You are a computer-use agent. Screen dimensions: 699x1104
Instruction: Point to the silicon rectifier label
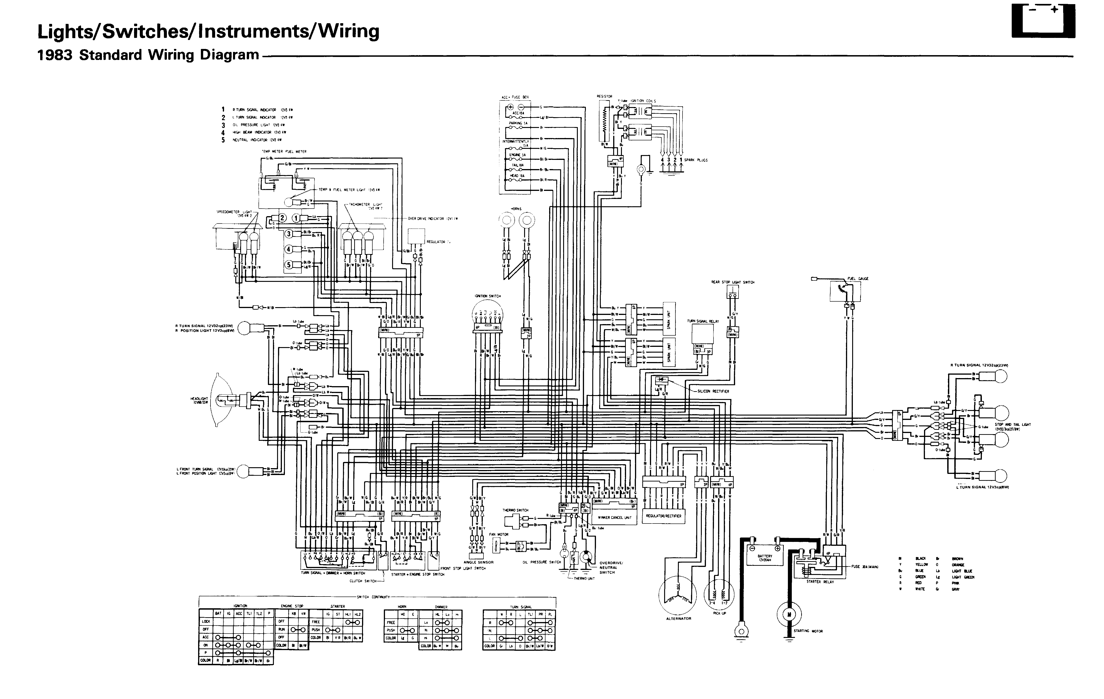tap(713, 391)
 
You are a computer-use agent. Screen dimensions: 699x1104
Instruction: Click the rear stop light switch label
tap(732, 282)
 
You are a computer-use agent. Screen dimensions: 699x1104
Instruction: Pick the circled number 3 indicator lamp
tap(288, 234)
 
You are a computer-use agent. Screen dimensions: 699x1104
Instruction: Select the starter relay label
tap(820, 582)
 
